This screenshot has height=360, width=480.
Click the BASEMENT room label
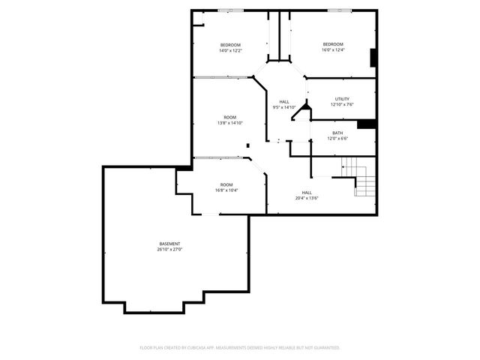(x=169, y=243)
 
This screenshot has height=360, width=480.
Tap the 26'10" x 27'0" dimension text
(x=169, y=249)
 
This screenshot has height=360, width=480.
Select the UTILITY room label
(x=342, y=99)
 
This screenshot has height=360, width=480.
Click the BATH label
(x=338, y=133)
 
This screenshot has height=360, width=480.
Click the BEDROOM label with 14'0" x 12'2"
(x=230, y=44)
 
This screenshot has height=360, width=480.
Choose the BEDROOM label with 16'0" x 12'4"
(x=333, y=44)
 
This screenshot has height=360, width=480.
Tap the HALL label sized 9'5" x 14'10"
(x=284, y=102)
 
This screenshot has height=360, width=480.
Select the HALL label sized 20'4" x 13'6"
(x=307, y=192)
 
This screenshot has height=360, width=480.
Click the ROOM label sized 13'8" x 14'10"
(x=230, y=117)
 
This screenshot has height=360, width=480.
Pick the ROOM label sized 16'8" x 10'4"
(x=226, y=184)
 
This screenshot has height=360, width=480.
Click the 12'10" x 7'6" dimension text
(x=342, y=105)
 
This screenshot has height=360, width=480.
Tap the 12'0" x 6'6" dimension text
(x=338, y=139)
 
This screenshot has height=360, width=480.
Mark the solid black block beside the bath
(x=366, y=124)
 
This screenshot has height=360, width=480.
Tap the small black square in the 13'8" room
(x=247, y=145)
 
